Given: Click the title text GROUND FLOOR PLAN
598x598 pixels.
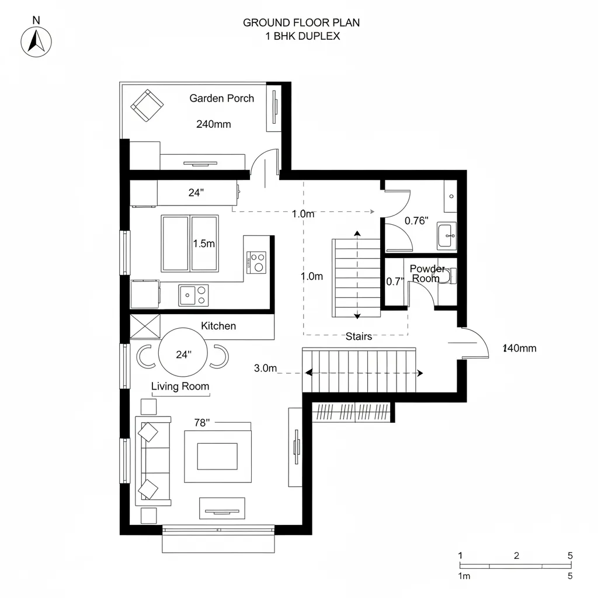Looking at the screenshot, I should tap(301, 23).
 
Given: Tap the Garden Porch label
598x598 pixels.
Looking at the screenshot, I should tap(221, 98).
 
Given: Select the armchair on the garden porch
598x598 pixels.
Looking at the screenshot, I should tap(147, 105).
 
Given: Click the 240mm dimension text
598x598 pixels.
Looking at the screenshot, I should tap(213, 124).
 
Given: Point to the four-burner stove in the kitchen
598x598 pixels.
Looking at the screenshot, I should tap(256, 262).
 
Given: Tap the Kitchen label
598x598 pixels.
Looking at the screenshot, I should tap(218, 326).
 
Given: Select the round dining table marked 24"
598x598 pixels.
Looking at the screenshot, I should tap(183, 354).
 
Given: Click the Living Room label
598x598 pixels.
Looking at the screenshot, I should tap(180, 386).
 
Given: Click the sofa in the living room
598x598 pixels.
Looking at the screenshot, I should tap(153, 460).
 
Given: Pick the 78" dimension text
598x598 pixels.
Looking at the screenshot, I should tap(201, 423).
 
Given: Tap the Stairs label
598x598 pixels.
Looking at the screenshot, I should tap(359, 336).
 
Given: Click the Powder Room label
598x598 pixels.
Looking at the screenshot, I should tap(427, 273).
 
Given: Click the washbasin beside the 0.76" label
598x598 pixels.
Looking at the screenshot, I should tap(447, 235).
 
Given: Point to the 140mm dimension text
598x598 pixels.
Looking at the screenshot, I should tap(519, 349).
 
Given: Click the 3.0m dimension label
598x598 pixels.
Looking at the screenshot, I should tap(265, 368).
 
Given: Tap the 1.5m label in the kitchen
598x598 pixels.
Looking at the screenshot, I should tap(204, 244).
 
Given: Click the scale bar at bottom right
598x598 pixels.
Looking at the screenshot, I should tap(516, 565).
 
